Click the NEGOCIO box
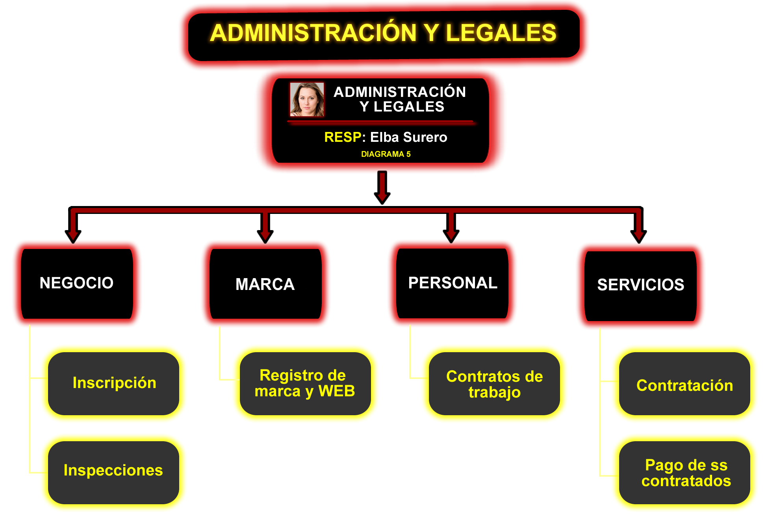coord(77,284)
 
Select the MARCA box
coord(265,284)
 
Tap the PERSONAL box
coord(453,283)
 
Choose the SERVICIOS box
coord(640,286)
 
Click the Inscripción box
coord(113,383)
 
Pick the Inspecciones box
coord(113,472)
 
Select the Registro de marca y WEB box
coord(305,383)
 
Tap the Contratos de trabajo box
coord(494,383)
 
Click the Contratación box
coord(685,383)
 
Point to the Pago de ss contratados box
coord(685,472)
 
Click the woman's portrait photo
coord(307,99)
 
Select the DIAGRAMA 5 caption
coord(386,154)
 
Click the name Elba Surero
coord(409,137)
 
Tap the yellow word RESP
coord(343,137)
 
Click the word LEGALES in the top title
coord(501,32)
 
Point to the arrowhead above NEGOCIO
coord(73,236)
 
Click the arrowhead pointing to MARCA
coord(265,236)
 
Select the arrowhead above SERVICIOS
coord(639,236)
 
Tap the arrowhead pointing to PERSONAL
coord(451,236)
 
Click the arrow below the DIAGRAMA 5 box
coord(382,188)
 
